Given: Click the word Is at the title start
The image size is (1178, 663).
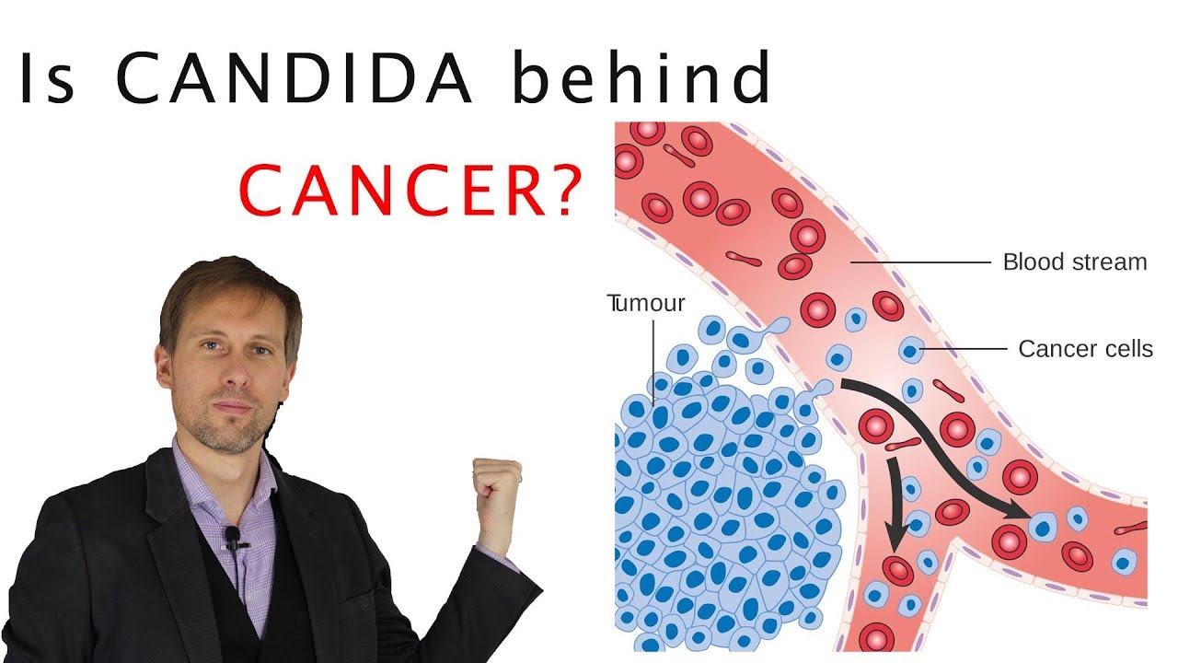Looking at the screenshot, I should (52, 77).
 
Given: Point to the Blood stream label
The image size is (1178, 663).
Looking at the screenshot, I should (1074, 262).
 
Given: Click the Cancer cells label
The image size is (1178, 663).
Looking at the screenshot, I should (1085, 349).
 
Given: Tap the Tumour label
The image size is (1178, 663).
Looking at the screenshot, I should (646, 302).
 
